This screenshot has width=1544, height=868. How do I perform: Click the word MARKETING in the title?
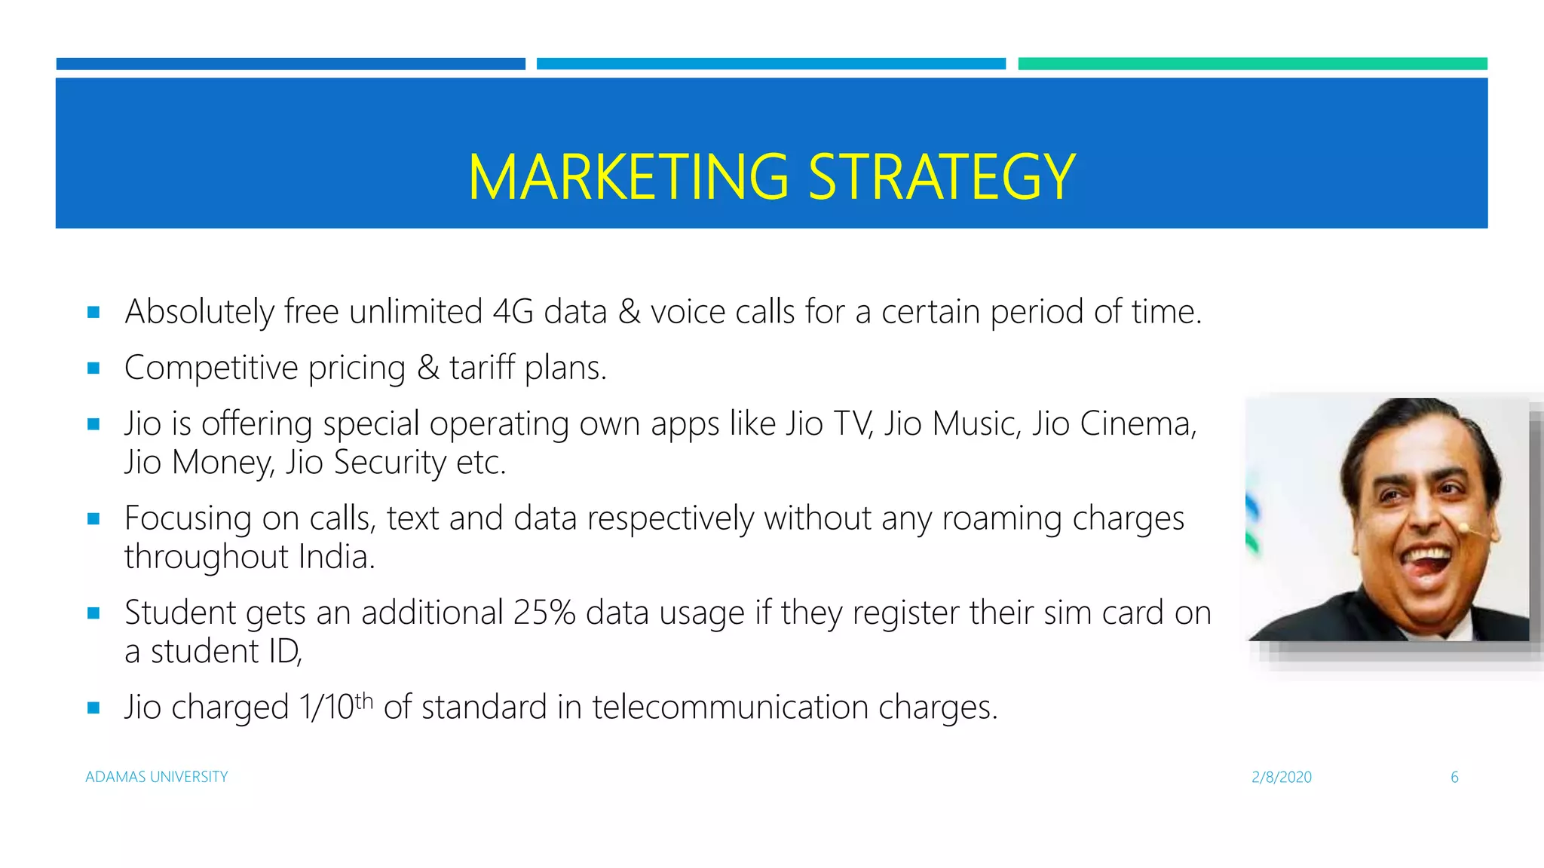[628, 177]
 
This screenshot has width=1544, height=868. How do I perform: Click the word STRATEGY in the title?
[942, 177]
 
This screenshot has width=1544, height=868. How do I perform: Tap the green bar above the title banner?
[1252, 64]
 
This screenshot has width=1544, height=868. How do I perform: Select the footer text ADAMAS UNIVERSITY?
[157, 777]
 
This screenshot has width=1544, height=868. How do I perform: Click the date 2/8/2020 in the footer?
[1282, 777]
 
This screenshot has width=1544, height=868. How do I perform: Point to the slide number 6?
[1454, 777]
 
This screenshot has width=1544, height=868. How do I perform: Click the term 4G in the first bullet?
[513, 312]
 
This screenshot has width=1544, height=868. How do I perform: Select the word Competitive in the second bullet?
[211, 368]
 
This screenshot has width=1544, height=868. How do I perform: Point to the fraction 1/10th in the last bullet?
[335, 707]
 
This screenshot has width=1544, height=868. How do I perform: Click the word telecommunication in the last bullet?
[729, 707]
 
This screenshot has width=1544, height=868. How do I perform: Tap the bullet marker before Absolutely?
[93, 312]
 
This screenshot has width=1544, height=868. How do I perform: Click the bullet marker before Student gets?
[93, 613]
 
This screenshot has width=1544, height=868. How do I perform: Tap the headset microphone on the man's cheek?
[1465, 527]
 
